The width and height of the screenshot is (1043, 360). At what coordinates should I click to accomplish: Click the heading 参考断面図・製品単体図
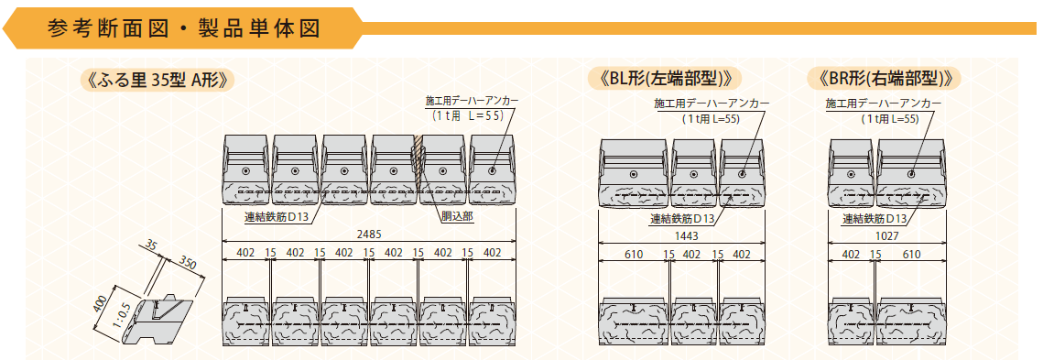(184, 28)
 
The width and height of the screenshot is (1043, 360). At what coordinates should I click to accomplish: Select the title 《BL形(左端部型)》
(664, 78)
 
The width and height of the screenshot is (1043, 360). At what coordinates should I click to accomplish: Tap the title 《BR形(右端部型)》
(884, 78)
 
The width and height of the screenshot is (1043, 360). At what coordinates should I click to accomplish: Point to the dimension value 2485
(369, 235)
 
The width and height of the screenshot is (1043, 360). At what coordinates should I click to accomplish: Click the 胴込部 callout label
(456, 217)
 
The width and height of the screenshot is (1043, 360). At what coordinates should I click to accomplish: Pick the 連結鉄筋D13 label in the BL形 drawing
(682, 218)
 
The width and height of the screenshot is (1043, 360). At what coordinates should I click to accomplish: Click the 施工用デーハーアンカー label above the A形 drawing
(472, 102)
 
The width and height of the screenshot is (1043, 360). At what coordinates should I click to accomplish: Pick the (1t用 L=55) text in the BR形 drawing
(889, 118)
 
